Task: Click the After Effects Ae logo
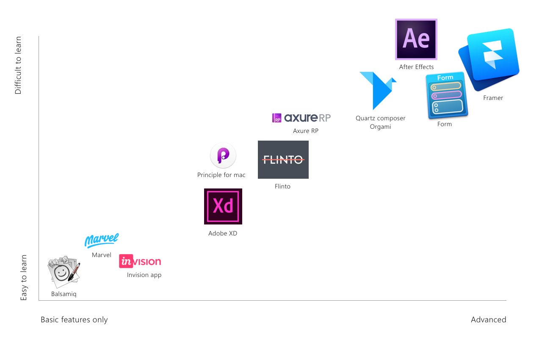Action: pos(416,39)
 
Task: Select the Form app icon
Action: pos(446,95)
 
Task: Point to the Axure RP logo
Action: pos(301,118)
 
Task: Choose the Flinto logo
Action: pos(283,160)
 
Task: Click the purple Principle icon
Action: pos(223,155)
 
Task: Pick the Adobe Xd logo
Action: pos(223,206)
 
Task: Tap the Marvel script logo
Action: pos(102,240)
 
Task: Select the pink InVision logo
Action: pos(140,262)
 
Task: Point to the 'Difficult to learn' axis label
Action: pos(18,65)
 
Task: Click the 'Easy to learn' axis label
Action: pos(24,278)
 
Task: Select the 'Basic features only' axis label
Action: pos(74,320)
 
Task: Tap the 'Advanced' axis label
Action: pos(488,320)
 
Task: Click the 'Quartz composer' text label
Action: pos(380,118)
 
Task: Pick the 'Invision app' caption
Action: pos(144,275)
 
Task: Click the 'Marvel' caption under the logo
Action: pos(102,255)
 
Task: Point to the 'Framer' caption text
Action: pos(493,98)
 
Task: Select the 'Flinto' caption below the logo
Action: pos(282,186)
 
